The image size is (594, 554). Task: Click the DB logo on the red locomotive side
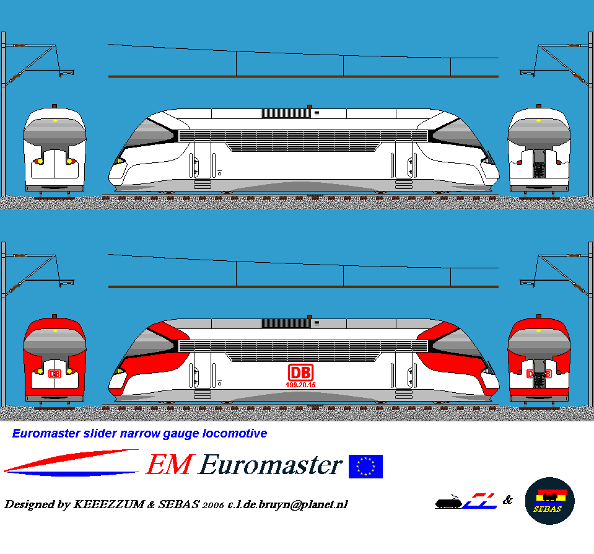(x=300, y=372)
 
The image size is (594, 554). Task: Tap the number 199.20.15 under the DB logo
(x=300, y=385)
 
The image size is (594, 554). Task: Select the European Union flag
(x=365, y=467)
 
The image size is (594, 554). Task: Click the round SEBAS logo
(x=549, y=501)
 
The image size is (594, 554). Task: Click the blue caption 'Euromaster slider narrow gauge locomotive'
(x=140, y=434)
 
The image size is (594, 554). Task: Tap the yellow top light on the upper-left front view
(x=55, y=121)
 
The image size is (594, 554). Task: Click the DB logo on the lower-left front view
(x=55, y=374)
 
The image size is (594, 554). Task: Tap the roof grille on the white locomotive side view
(x=286, y=113)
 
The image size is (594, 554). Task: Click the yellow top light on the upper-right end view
(x=538, y=121)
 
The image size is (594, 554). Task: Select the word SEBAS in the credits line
(x=180, y=504)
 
